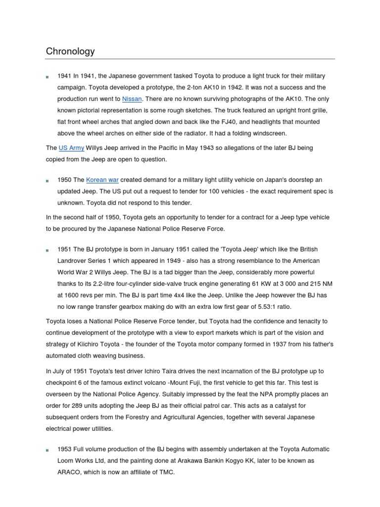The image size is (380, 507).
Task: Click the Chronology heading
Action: click(70, 51)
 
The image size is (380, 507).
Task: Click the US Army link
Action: click(71, 148)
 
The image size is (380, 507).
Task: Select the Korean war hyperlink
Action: click(102, 180)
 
